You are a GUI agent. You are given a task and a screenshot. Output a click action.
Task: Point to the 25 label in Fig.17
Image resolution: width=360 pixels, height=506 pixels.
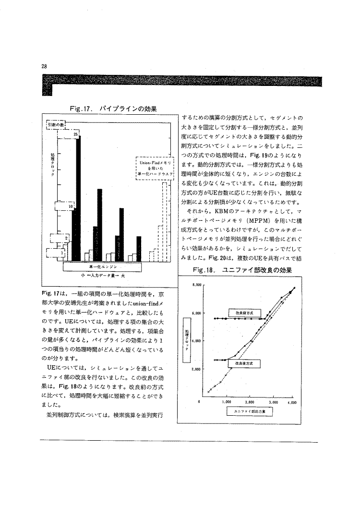point(75,134)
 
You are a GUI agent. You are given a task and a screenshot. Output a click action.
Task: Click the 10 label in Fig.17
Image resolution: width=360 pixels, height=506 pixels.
point(70,207)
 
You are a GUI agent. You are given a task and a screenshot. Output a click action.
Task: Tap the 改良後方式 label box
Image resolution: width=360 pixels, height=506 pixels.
point(241,364)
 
